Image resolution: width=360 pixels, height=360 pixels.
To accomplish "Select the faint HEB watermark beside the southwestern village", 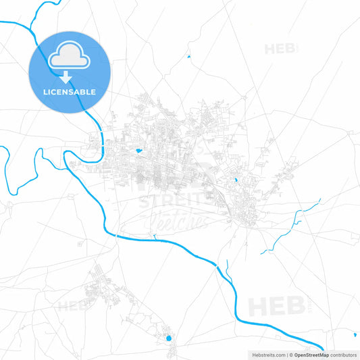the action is (x=72, y=305).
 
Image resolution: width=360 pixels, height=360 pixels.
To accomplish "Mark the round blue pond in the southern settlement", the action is (x=169, y=338).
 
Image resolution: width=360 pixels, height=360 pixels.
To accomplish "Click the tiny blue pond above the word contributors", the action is (x=354, y=334).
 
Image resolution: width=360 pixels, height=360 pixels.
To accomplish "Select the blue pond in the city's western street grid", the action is (x=138, y=150).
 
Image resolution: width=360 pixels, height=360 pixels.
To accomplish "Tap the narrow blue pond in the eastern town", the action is (x=235, y=180).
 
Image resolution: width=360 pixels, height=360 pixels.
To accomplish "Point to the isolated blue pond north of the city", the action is (x=188, y=56).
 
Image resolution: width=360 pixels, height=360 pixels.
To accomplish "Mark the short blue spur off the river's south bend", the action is (x=154, y=236).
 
